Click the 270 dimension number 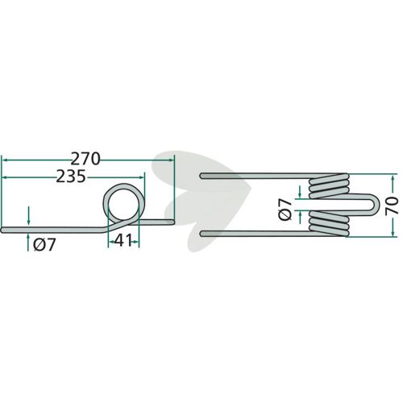click(85, 159)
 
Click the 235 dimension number click(71, 177)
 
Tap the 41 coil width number click(123, 240)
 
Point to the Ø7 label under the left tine click(44, 245)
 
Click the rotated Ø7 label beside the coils click(285, 210)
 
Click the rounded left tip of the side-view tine click(2, 230)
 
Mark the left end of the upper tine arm click(201, 176)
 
